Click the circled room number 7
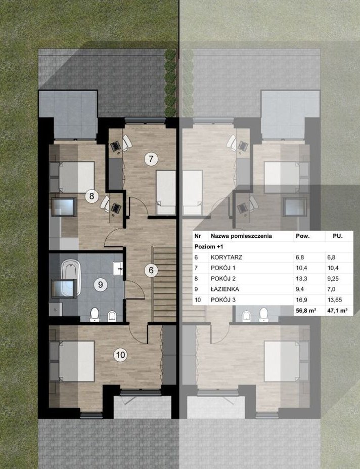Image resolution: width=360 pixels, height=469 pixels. (151, 158)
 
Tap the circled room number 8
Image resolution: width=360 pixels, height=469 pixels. (92, 196)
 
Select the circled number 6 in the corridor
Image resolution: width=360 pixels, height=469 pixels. (151, 270)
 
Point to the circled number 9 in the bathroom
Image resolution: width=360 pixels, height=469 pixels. (101, 284)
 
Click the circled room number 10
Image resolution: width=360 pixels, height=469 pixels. (120, 355)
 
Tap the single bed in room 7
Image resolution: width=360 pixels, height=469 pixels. (166, 193)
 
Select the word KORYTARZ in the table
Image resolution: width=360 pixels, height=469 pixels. (227, 257)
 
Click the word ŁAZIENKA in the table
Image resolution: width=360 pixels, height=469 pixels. (225, 289)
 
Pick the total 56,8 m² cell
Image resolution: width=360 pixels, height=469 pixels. (306, 311)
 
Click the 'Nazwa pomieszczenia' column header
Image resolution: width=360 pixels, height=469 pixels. (241, 236)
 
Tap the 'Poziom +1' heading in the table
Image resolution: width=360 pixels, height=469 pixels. (209, 247)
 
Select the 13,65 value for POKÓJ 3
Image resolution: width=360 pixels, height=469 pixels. (335, 300)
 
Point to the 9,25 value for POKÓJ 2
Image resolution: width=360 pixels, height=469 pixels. (333, 278)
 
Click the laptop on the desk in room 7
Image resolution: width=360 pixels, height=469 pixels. (116, 146)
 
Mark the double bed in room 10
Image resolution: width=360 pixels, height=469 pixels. (76, 361)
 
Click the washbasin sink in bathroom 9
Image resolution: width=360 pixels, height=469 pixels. (118, 269)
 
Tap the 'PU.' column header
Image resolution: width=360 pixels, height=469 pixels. (338, 236)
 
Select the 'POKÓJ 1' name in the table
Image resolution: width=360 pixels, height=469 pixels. (223, 268)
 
